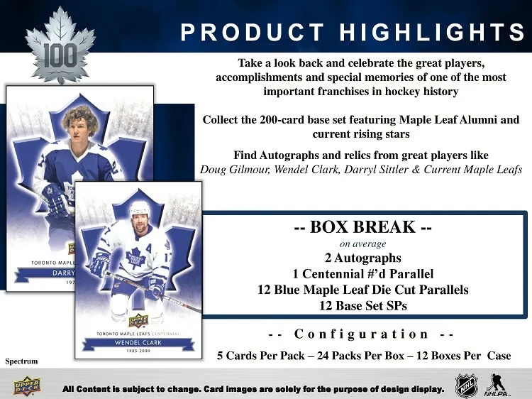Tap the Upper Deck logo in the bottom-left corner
[x=31, y=387]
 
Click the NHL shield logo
[x=466, y=386]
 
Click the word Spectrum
[x=21, y=361]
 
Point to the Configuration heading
[x=362, y=334]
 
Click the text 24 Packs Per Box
[x=362, y=355]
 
